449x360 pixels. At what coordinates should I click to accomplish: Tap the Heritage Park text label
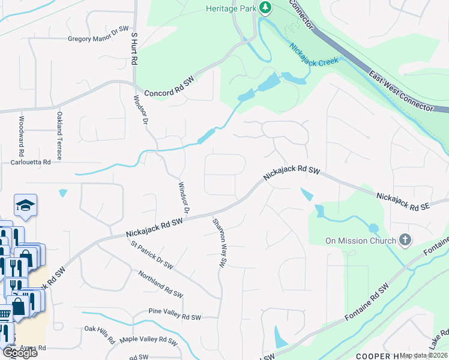231,8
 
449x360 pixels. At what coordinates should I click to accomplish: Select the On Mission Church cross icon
405,241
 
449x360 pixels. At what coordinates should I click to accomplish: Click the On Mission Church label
360,241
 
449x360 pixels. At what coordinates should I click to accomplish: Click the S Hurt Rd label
135,49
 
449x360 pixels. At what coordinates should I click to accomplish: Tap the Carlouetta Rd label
31,162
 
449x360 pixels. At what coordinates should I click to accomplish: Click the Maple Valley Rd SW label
148,340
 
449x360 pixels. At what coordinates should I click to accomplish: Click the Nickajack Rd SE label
403,202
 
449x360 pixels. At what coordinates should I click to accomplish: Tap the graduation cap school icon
26,205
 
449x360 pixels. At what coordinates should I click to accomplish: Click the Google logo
19,353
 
